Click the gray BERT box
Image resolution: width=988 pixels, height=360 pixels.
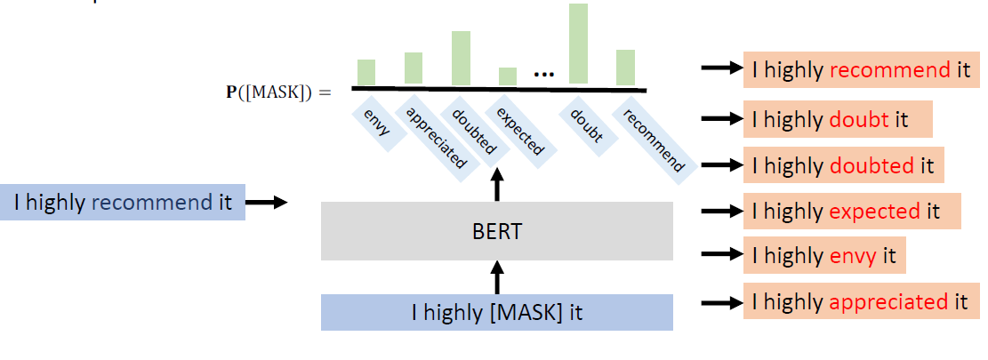pos(497,231)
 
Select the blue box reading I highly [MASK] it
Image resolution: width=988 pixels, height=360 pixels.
pos(497,313)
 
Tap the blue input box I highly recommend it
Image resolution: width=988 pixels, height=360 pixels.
pos(123,203)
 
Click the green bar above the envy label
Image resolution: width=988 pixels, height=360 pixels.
pos(366,72)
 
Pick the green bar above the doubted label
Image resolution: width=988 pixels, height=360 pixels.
pos(461,59)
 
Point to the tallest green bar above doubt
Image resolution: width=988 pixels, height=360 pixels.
pos(578,44)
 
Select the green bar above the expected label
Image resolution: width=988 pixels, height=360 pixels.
pos(508,76)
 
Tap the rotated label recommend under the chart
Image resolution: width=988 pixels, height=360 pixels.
pos(654,140)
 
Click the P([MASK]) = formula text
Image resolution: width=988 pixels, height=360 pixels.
pos(278,92)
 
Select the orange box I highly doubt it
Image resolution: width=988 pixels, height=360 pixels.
pos(837,119)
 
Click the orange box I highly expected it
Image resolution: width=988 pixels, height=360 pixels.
pos(851,212)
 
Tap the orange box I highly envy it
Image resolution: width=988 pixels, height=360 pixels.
pos(823,257)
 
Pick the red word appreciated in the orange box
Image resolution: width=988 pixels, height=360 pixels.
pos(888,302)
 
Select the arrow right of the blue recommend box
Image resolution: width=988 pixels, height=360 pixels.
pos(267,203)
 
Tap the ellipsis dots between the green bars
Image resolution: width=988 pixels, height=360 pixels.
pos(542,76)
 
